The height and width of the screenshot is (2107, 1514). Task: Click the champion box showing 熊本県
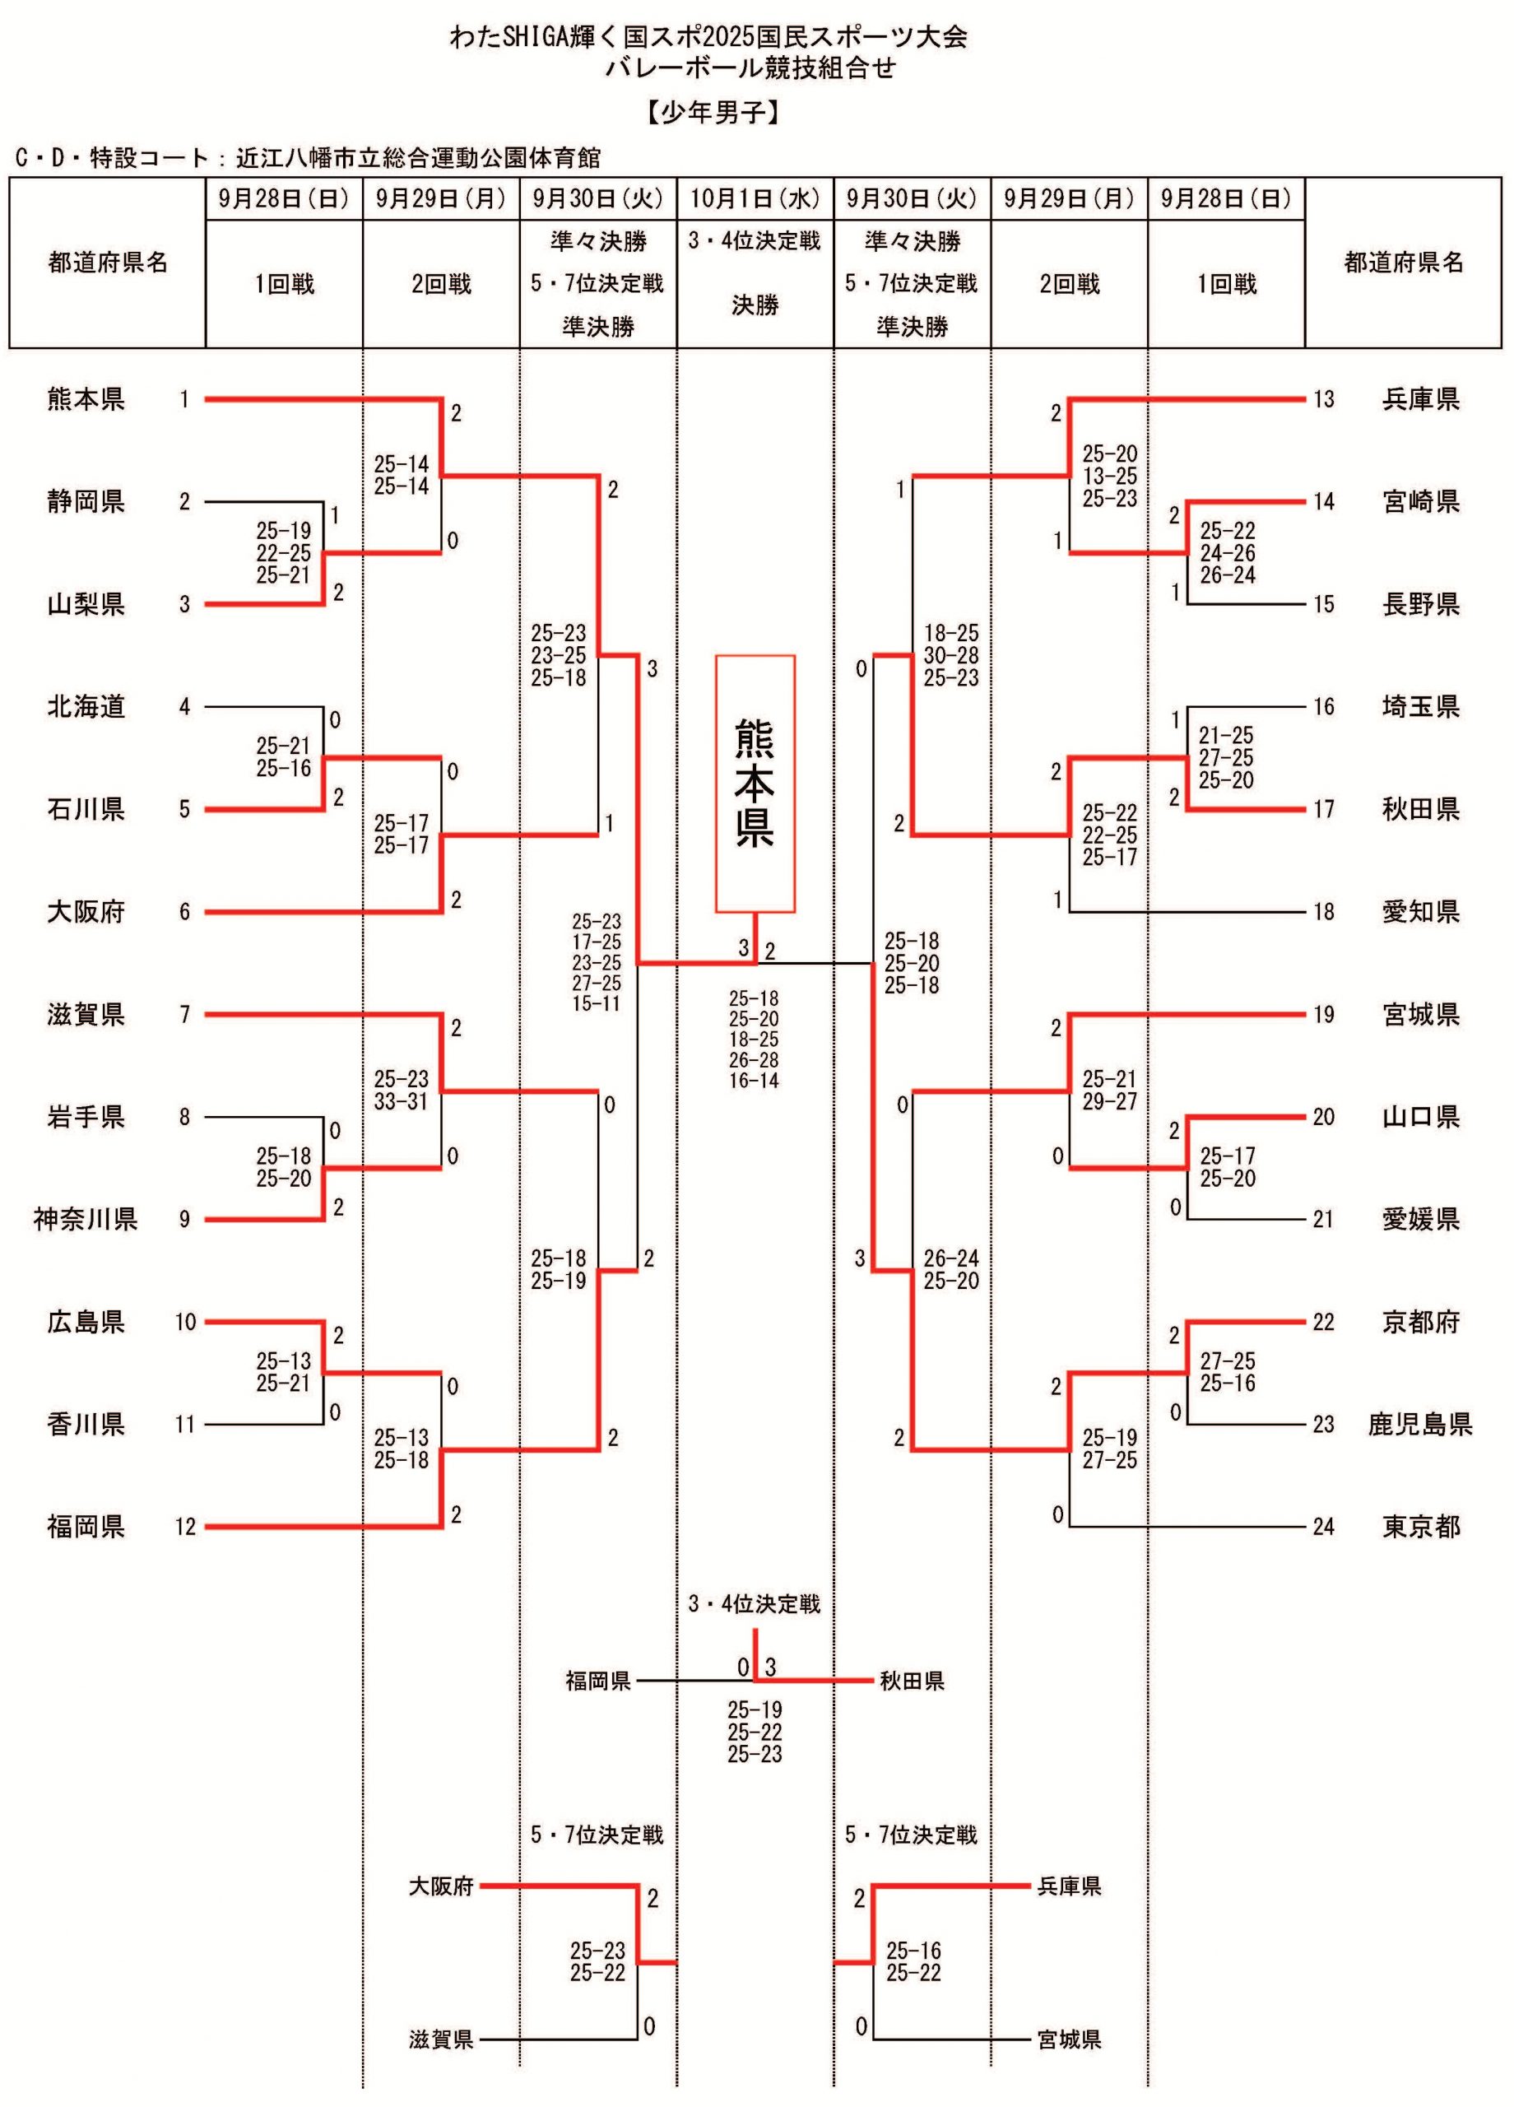[755, 784]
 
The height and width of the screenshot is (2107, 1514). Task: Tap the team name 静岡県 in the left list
[86, 503]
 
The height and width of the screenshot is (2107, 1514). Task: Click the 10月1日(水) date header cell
[755, 199]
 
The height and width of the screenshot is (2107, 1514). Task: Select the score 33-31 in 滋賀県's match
[402, 1102]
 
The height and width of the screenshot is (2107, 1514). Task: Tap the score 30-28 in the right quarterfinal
[950, 656]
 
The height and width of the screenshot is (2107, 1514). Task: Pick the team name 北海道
[86, 707]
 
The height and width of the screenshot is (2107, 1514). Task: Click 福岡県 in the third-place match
[598, 1680]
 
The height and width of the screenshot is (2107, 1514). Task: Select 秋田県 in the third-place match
[911, 1680]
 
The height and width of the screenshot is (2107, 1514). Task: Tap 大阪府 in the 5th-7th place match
[441, 1886]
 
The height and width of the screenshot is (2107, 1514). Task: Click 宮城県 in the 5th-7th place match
[1069, 2040]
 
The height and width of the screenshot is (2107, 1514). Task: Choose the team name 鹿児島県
[1420, 1424]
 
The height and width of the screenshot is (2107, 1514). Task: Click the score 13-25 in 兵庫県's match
[1109, 476]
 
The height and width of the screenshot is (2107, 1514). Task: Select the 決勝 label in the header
[755, 305]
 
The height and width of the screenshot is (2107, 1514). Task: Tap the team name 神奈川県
[86, 1219]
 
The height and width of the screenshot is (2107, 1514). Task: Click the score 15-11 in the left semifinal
[596, 1003]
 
